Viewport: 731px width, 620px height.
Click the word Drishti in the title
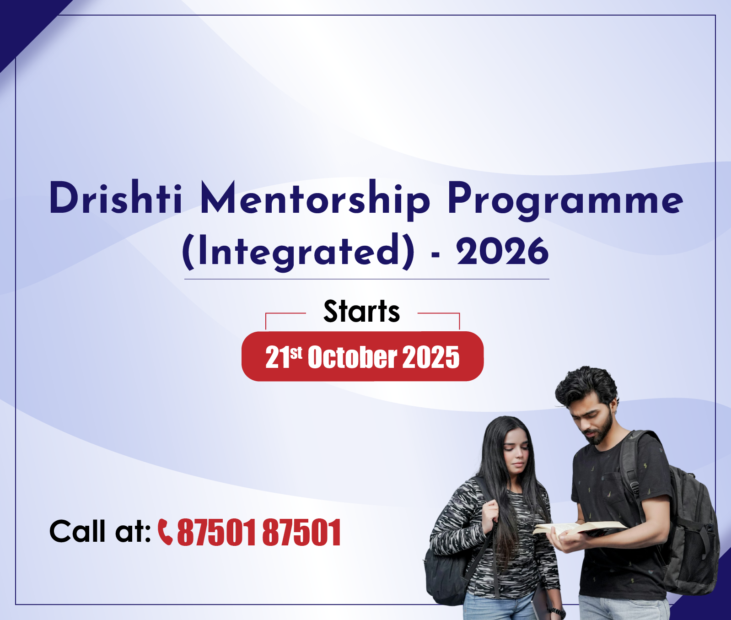pyautogui.click(x=116, y=198)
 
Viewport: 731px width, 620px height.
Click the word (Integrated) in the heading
pyautogui.click(x=298, y=251)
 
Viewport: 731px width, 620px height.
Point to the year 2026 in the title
pyautogui.click(x=502, y=251)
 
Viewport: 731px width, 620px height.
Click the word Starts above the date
pyautogui.click(x=361, y=311)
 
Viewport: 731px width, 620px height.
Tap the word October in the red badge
pyautogui.click(x=352, y=357)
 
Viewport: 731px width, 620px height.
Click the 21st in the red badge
pyautogui.click(x=284, y=357)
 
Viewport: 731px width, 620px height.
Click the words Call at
pyautogui.click(x=100, y=532)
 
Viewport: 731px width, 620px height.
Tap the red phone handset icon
pyautogui.click(x=165, y=532)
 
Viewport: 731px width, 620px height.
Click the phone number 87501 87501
pyautogui.click(x=259, y=532)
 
